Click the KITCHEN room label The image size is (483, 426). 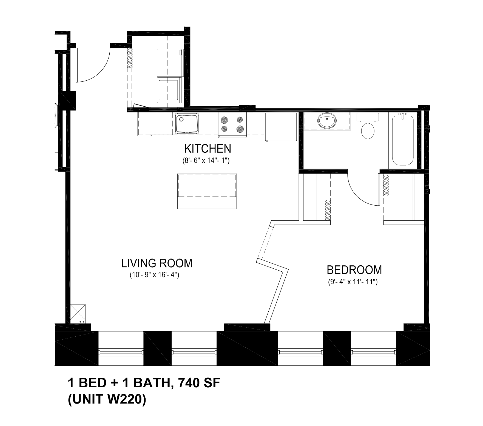point(208,149)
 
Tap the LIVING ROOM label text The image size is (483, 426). point(157,263)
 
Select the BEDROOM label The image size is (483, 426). point(354,270)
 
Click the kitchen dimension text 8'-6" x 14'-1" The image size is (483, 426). point(206,161)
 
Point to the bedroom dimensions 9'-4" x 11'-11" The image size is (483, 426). point(353,282)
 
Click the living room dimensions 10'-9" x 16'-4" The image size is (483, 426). point(154,275)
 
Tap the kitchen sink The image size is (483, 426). point(187,124)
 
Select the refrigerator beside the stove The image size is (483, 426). point(281,126)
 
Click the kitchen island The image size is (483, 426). point(207,191)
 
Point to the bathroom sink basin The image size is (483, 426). point(327,121)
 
